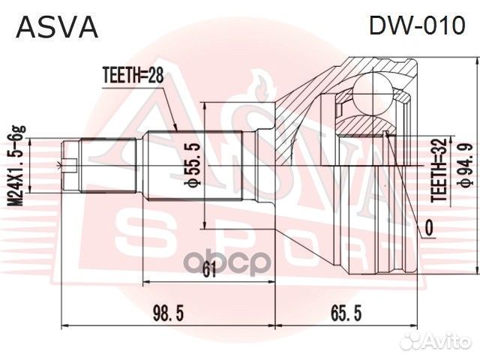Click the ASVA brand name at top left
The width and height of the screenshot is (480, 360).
click(x=57, y=27)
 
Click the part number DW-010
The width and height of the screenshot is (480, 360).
click(x=418, y=25)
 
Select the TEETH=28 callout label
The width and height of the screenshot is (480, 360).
click(x=133, y=75)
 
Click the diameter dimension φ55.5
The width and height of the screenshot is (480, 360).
click(x=193, y=164)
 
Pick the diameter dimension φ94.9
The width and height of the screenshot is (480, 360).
click(x=467, y=166)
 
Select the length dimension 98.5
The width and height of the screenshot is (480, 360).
click(x=168, y=313)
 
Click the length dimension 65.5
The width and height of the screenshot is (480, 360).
click(x=346, y=313)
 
